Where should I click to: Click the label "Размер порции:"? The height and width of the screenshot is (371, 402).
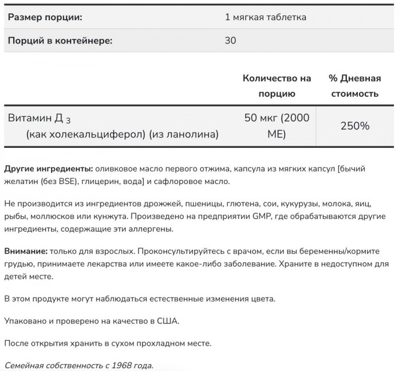click(45, 17)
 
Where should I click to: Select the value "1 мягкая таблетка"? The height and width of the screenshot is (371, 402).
click(265, 17)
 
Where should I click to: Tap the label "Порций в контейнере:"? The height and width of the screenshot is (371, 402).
click(60, 41)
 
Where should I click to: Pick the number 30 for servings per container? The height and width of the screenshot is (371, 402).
click(230, 41)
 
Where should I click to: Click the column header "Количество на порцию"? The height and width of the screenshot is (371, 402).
click(277, 86)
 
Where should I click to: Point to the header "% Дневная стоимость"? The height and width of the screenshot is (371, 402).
click(354, 86)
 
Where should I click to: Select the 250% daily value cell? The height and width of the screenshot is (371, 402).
click(354, 126)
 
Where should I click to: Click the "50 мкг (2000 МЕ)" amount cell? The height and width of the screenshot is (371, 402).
click(277, 126)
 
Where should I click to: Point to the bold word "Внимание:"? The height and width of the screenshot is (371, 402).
click(26, 251)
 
